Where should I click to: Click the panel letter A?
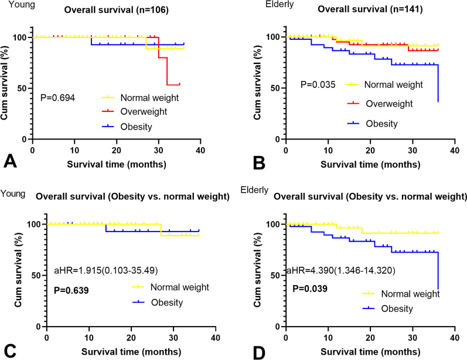pyautogui.click(x=10, y=162)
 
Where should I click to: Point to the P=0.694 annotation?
pyautogui.click(x=58, y=97)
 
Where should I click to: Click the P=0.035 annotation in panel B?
pyautogui.click(x=318, y=84)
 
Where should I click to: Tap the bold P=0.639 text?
pyautogui.click(x=71, y=290)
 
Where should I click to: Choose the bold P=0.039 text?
pyautogui.click(x=310, y=288)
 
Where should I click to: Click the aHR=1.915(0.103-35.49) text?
pyautogui.click(x=105, y=271)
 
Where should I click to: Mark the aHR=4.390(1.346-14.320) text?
pyautogui.click(x=340, y=271)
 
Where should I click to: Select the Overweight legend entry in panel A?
pyautogui.click(x=134, y=111)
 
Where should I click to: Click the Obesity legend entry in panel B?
pyautogui.click(x=372, y=123)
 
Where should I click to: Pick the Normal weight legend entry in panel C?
pyautogui.click(x=171, y=287)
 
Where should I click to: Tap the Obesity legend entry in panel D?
pyautogui.click(x=387, y=308)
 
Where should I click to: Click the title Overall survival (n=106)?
pyautogui.click(x=117, y=10)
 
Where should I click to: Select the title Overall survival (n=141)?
pyautogui.click(x=370, y=9)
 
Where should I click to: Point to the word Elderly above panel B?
pyautogui.click(x=279, y=5)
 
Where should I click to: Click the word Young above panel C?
pyautogui.click(x=13, y=193)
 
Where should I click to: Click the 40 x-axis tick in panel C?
pyautogui.click(x=216, y=338)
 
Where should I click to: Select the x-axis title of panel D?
pyautogui.click(x=370, y=352)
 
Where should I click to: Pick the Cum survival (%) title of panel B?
pyautogui.click(x=257, y=83)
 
